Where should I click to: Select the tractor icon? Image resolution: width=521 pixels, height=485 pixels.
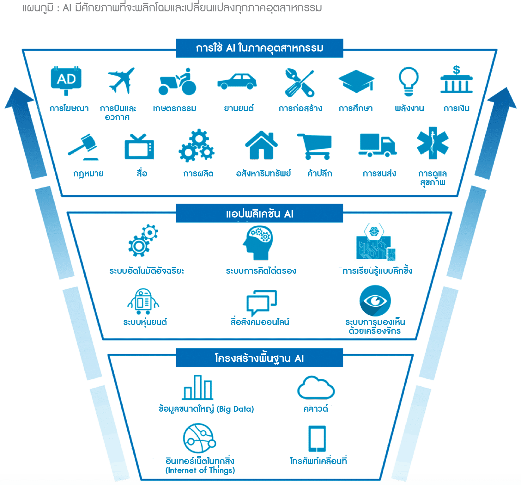coord(178,82)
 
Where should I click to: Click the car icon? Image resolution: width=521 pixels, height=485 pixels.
coord(237,82)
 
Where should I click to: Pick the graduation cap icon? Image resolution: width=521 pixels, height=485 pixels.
coord(356,81)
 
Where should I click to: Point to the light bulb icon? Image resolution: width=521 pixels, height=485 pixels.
coord(409,81)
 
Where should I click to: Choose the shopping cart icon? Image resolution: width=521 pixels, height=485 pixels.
coord(315,146)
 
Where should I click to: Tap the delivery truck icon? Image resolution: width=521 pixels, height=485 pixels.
coord(377,145)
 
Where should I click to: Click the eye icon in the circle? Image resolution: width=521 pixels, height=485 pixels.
coord(375,300)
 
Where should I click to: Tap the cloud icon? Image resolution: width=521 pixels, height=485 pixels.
coord(316,388)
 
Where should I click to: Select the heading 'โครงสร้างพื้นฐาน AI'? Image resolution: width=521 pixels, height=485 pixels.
coord(259,358)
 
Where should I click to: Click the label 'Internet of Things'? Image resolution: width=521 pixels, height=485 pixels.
coord(200,471)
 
